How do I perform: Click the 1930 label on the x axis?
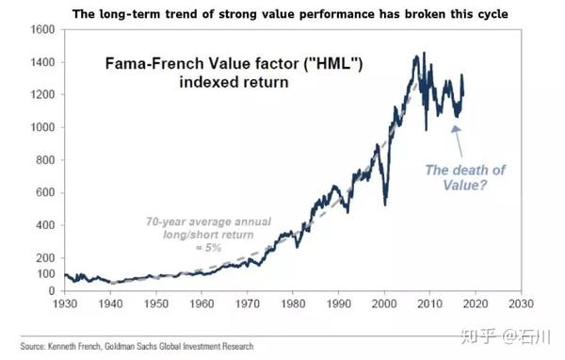65,304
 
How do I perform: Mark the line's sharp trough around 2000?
383,205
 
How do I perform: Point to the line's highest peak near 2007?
416,55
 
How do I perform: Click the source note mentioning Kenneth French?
133,347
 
